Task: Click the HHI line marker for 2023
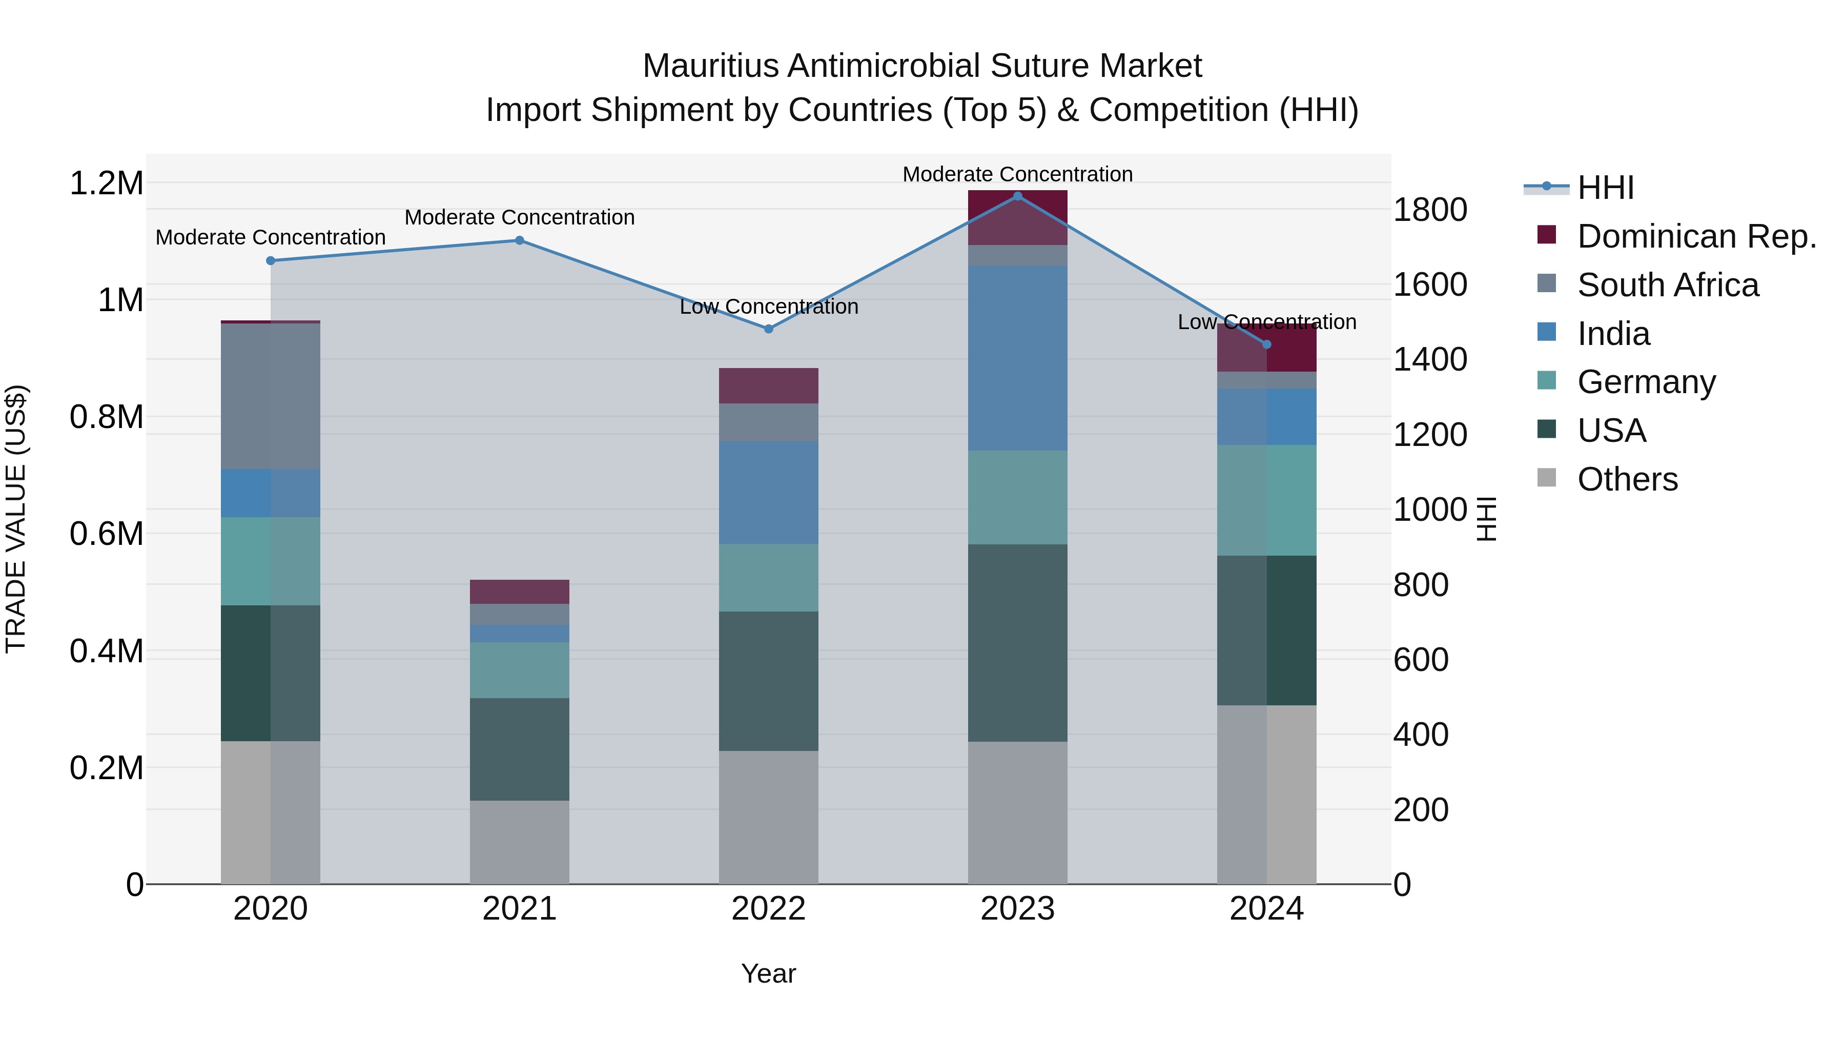coord(1018,196)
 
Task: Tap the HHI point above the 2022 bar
coord(769,329)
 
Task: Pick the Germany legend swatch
coord(1547,381)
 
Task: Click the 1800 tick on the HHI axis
coord(1429,210)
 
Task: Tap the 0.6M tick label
coord(106,534)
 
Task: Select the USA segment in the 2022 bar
coord(769,681)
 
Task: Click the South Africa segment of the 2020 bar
coord(271,396)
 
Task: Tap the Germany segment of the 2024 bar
coord(1266,500)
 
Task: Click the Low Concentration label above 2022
coord(769,307)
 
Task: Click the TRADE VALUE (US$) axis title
coord(16,519)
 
